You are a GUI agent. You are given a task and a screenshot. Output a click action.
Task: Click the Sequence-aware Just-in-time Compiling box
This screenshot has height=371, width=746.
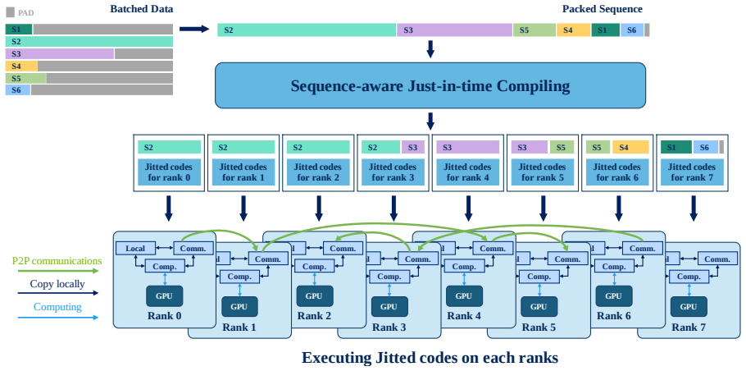430,85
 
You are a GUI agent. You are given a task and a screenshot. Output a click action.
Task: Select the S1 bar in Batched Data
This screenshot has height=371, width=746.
19,29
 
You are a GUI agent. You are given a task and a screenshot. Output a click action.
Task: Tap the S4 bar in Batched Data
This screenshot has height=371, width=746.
21,66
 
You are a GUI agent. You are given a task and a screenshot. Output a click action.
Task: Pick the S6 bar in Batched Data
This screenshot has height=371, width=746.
17,89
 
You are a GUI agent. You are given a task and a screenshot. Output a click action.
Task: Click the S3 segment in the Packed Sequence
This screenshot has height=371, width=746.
454,30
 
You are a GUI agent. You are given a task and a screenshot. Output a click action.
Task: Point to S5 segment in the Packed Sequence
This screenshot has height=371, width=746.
534,30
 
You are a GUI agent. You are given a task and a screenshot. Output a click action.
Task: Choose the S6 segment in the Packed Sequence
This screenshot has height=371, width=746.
631,30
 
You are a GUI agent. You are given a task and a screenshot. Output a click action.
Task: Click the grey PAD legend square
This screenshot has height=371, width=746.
10,12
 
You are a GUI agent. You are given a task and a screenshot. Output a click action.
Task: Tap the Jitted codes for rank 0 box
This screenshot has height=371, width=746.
169,172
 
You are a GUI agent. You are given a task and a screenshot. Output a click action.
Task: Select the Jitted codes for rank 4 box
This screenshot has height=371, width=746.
467,172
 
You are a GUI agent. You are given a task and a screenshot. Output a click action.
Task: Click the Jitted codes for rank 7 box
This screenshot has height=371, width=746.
692,172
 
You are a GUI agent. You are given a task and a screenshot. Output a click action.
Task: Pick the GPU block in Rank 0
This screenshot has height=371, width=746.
164,296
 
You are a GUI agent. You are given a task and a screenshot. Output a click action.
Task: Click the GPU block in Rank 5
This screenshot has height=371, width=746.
539,307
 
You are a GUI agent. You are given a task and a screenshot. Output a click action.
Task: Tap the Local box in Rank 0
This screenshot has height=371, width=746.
136,248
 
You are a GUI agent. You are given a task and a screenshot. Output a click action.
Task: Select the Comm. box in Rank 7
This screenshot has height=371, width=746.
717,259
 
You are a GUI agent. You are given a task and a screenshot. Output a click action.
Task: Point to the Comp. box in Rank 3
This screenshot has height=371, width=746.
389,277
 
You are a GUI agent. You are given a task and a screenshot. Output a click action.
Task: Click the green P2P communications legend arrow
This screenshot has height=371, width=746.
57,271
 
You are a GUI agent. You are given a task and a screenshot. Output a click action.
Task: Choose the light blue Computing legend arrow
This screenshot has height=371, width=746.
57,317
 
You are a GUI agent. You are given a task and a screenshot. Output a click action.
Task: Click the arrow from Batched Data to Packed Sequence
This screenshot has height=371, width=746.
194,30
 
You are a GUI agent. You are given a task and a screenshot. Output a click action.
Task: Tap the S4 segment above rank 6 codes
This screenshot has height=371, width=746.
630,147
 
